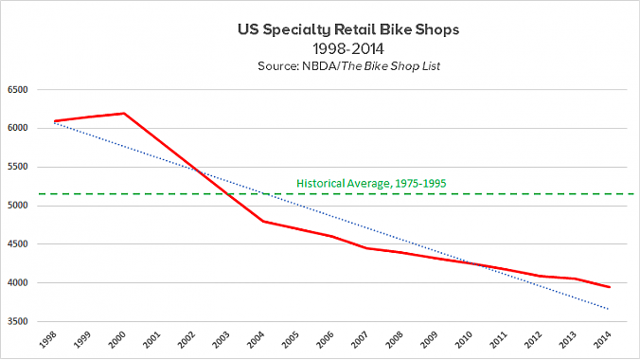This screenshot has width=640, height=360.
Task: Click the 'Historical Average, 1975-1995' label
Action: tap(372, 183)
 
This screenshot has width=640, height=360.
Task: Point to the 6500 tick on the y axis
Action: tap(19, 90)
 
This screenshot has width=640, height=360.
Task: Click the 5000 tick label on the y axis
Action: tap(19, 206)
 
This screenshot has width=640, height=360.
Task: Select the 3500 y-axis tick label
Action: tap(19, 321)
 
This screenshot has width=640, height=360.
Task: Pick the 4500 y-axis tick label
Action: tap(19, 244)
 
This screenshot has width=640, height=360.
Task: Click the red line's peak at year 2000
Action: tap(124, 114)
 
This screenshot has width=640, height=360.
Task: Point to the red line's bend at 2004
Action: tap(262, 221)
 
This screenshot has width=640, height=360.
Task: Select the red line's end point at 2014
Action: tap(607, 287)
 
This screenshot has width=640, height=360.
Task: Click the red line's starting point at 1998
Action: tap(55, 121)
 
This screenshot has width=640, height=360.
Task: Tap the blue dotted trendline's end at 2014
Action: tap(607, 309)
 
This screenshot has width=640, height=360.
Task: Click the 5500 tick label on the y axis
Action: tap(19, 167)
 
